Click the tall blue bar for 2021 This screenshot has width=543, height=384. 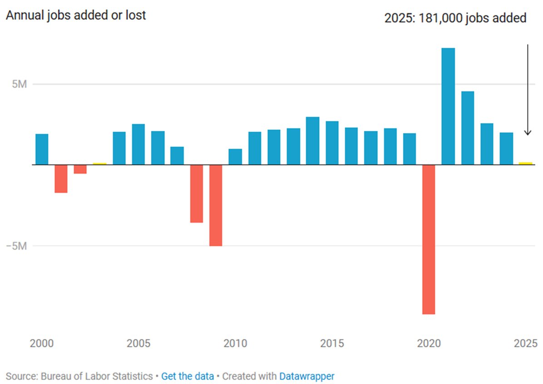click(x=448, y=106)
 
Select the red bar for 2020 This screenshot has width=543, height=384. click(x=429, y=239)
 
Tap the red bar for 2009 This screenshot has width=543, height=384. click(x=216, y=205)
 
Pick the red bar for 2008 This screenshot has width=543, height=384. click(x=197, y=194)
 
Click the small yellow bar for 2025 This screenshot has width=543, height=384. click(x=526, y=163)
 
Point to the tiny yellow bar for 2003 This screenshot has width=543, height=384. click(x=99, y=163)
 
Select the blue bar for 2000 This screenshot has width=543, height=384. click(x=42, y=149)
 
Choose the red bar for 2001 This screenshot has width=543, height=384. click(x=61, y=179)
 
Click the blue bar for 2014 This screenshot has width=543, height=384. click(x=312, y=140)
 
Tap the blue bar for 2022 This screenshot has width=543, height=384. click(x=468, y=128)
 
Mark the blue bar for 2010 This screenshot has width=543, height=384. click(x=235, y=156)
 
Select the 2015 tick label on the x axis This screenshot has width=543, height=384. click(x=332, y=343)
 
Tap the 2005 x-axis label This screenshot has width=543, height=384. click(x=138, y=343)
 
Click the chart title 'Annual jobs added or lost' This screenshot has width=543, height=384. click(x=75, y=15)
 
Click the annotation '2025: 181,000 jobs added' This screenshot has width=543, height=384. click(x=455, y=18)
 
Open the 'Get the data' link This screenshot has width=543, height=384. click(x=187, y=376)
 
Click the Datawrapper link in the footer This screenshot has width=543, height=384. click(x=306, y=376)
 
